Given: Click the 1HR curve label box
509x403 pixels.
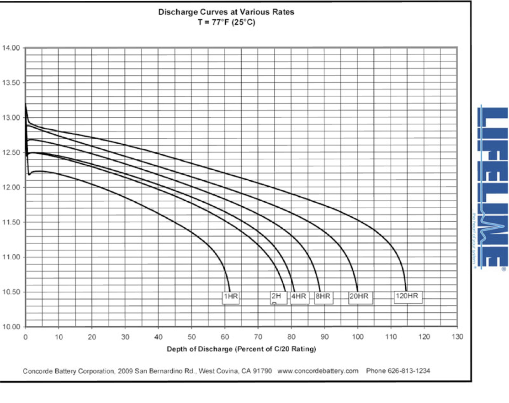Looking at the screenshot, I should pyautogui.click(x=230, y=297).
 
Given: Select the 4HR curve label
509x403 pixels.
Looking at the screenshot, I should pyautogui.click(x=299, y=297).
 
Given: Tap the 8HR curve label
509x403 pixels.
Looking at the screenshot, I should pyautogui.click(x=323, y=297).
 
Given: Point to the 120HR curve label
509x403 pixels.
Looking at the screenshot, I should pyautogui.click(x=407, y=297).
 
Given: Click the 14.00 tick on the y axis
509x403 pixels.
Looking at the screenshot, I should pyautogui.click(x=12, y=48).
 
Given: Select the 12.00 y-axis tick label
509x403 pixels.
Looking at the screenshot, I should pyautogui.click(x=12, y=188).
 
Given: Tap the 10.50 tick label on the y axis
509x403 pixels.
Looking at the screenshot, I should pyautogui.click(x=12, y=293).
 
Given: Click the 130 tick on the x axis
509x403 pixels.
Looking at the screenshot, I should pyautogui.click(x=457, y=337).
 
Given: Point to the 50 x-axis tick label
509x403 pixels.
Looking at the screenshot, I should pyautogui.click(x=191, y=337).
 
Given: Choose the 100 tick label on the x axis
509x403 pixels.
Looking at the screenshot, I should pyautogui.click(x=357, y=337).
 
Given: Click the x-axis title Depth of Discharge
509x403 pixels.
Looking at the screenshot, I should pyautogui.click(x=241, y=349).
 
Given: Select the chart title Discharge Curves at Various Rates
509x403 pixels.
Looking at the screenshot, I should pyautogui.click(x=226, y=12).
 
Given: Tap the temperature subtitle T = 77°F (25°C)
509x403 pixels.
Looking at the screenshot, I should pyautogui.click(x=226, y=21).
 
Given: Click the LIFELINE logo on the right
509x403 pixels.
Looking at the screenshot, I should pyautogui.click(x=492, y=187).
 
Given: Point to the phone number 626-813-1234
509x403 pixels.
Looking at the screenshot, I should pyautogui.click(x=398, y=371).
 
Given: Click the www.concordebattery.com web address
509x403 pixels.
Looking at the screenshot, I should pyautogui.click(x=318, y=371).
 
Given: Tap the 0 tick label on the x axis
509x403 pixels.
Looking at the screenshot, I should pyautogui.click(x=26, y=337).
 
